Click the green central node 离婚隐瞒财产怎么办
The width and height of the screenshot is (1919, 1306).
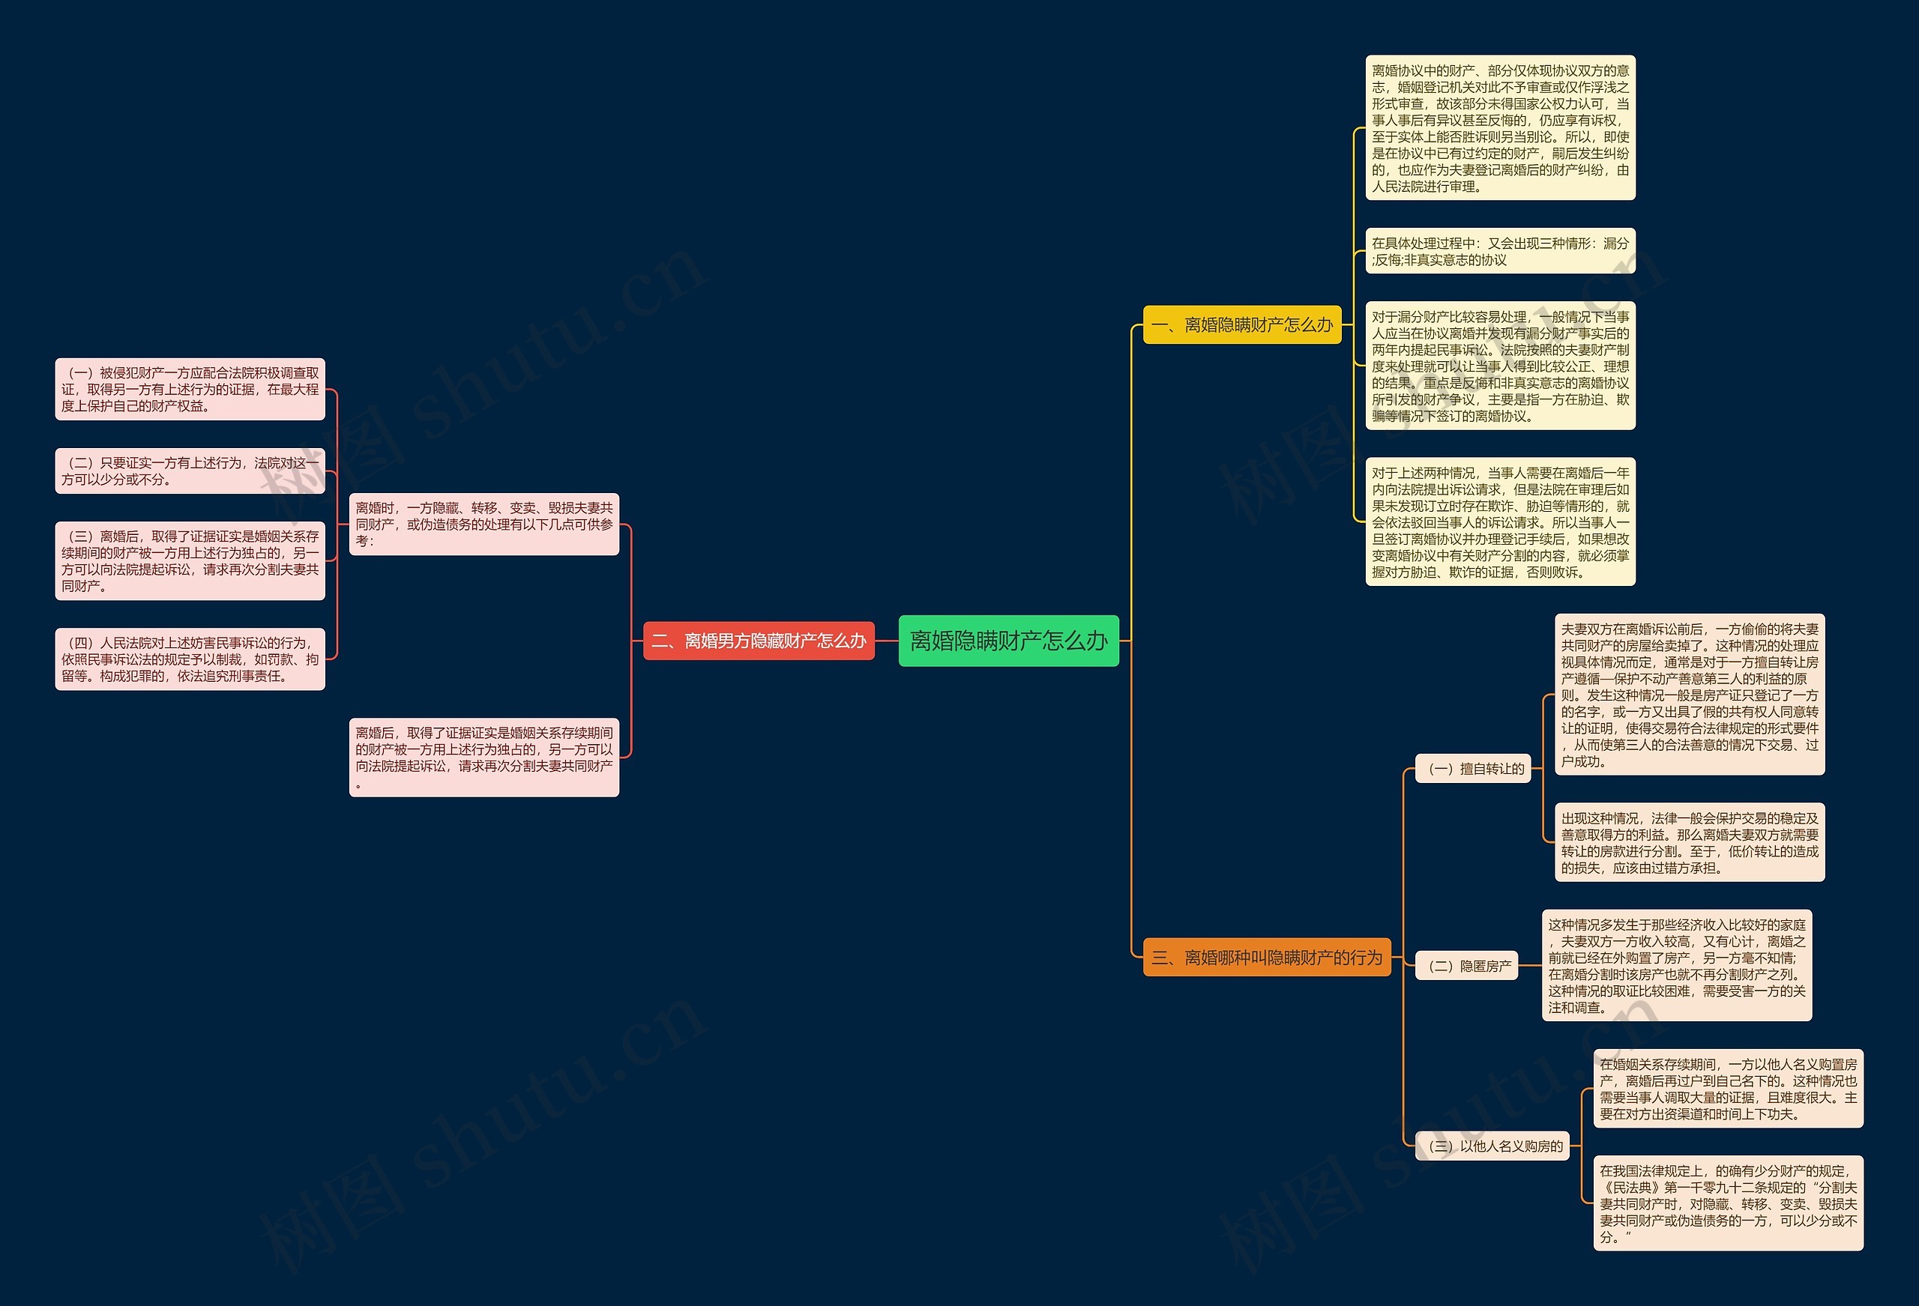coord(1008,641)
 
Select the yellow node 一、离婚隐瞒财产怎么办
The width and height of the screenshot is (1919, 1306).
coord(1242,324)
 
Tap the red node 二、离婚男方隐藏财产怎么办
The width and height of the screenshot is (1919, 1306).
coord(758,641)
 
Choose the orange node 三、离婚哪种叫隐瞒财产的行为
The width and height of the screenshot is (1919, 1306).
coord(1266,957)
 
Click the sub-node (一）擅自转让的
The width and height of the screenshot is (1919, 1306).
coord(1473,769)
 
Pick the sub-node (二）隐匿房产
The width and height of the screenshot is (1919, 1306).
coord(1467,965)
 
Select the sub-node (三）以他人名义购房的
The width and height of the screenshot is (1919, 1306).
coord(1492,1146)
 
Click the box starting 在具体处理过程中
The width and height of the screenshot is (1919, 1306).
coord(1499,251)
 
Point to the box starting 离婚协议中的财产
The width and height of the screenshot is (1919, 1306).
coord(1499,128)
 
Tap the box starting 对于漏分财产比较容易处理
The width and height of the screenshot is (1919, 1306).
coord(1499,366)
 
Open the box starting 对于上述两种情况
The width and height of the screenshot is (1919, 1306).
coord(1499,522)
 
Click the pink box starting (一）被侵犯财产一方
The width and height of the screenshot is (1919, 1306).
coord(190,389)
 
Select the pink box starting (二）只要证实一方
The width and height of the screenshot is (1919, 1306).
coord(190,471)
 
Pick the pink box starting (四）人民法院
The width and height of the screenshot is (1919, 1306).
coord(190,659)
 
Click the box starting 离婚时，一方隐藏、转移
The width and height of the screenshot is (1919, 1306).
coord(484,524)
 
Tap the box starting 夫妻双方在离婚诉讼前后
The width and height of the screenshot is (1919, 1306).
coord(1690,695)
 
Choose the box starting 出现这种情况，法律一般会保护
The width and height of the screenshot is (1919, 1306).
coord(1690,842)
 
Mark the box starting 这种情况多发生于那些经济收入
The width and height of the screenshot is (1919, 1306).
coord(1676,965)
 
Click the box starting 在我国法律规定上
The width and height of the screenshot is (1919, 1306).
coord(1727,1203)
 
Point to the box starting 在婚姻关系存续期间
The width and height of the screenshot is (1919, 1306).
coord(1727,1088)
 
